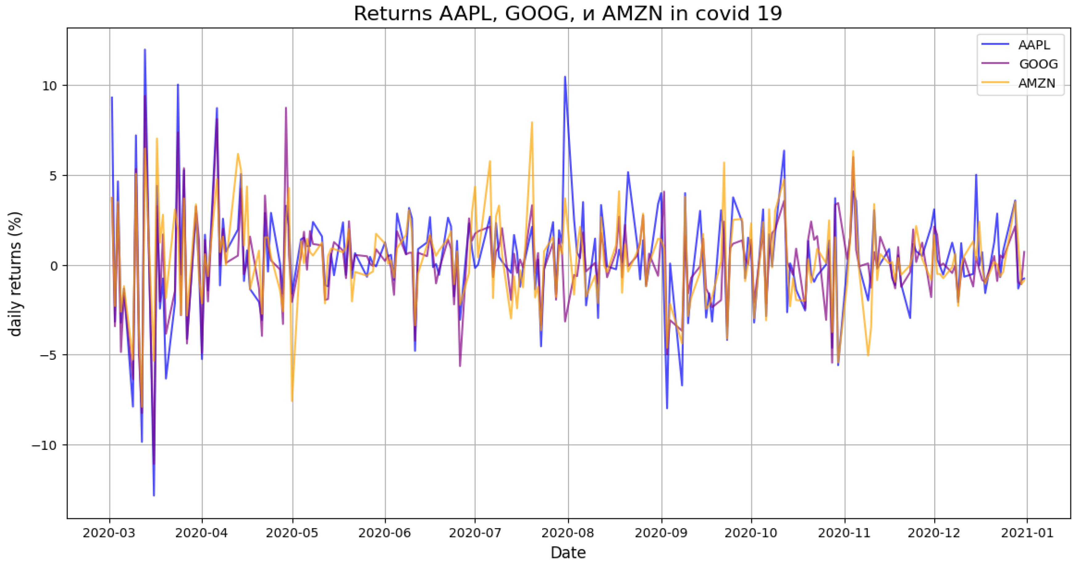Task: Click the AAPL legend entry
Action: point(1034,45)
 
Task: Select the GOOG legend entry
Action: point(1038,64)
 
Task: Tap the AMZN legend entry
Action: point(1036,83)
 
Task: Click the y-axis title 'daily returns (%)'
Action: point(15,274)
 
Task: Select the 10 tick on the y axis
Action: point(49,86)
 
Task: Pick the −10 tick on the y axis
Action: point(43,445)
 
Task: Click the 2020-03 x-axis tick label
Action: point(109,533)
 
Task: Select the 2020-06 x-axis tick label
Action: point(385,533)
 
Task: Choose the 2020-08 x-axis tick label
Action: point(568,533)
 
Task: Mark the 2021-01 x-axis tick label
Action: point(1027,533)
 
